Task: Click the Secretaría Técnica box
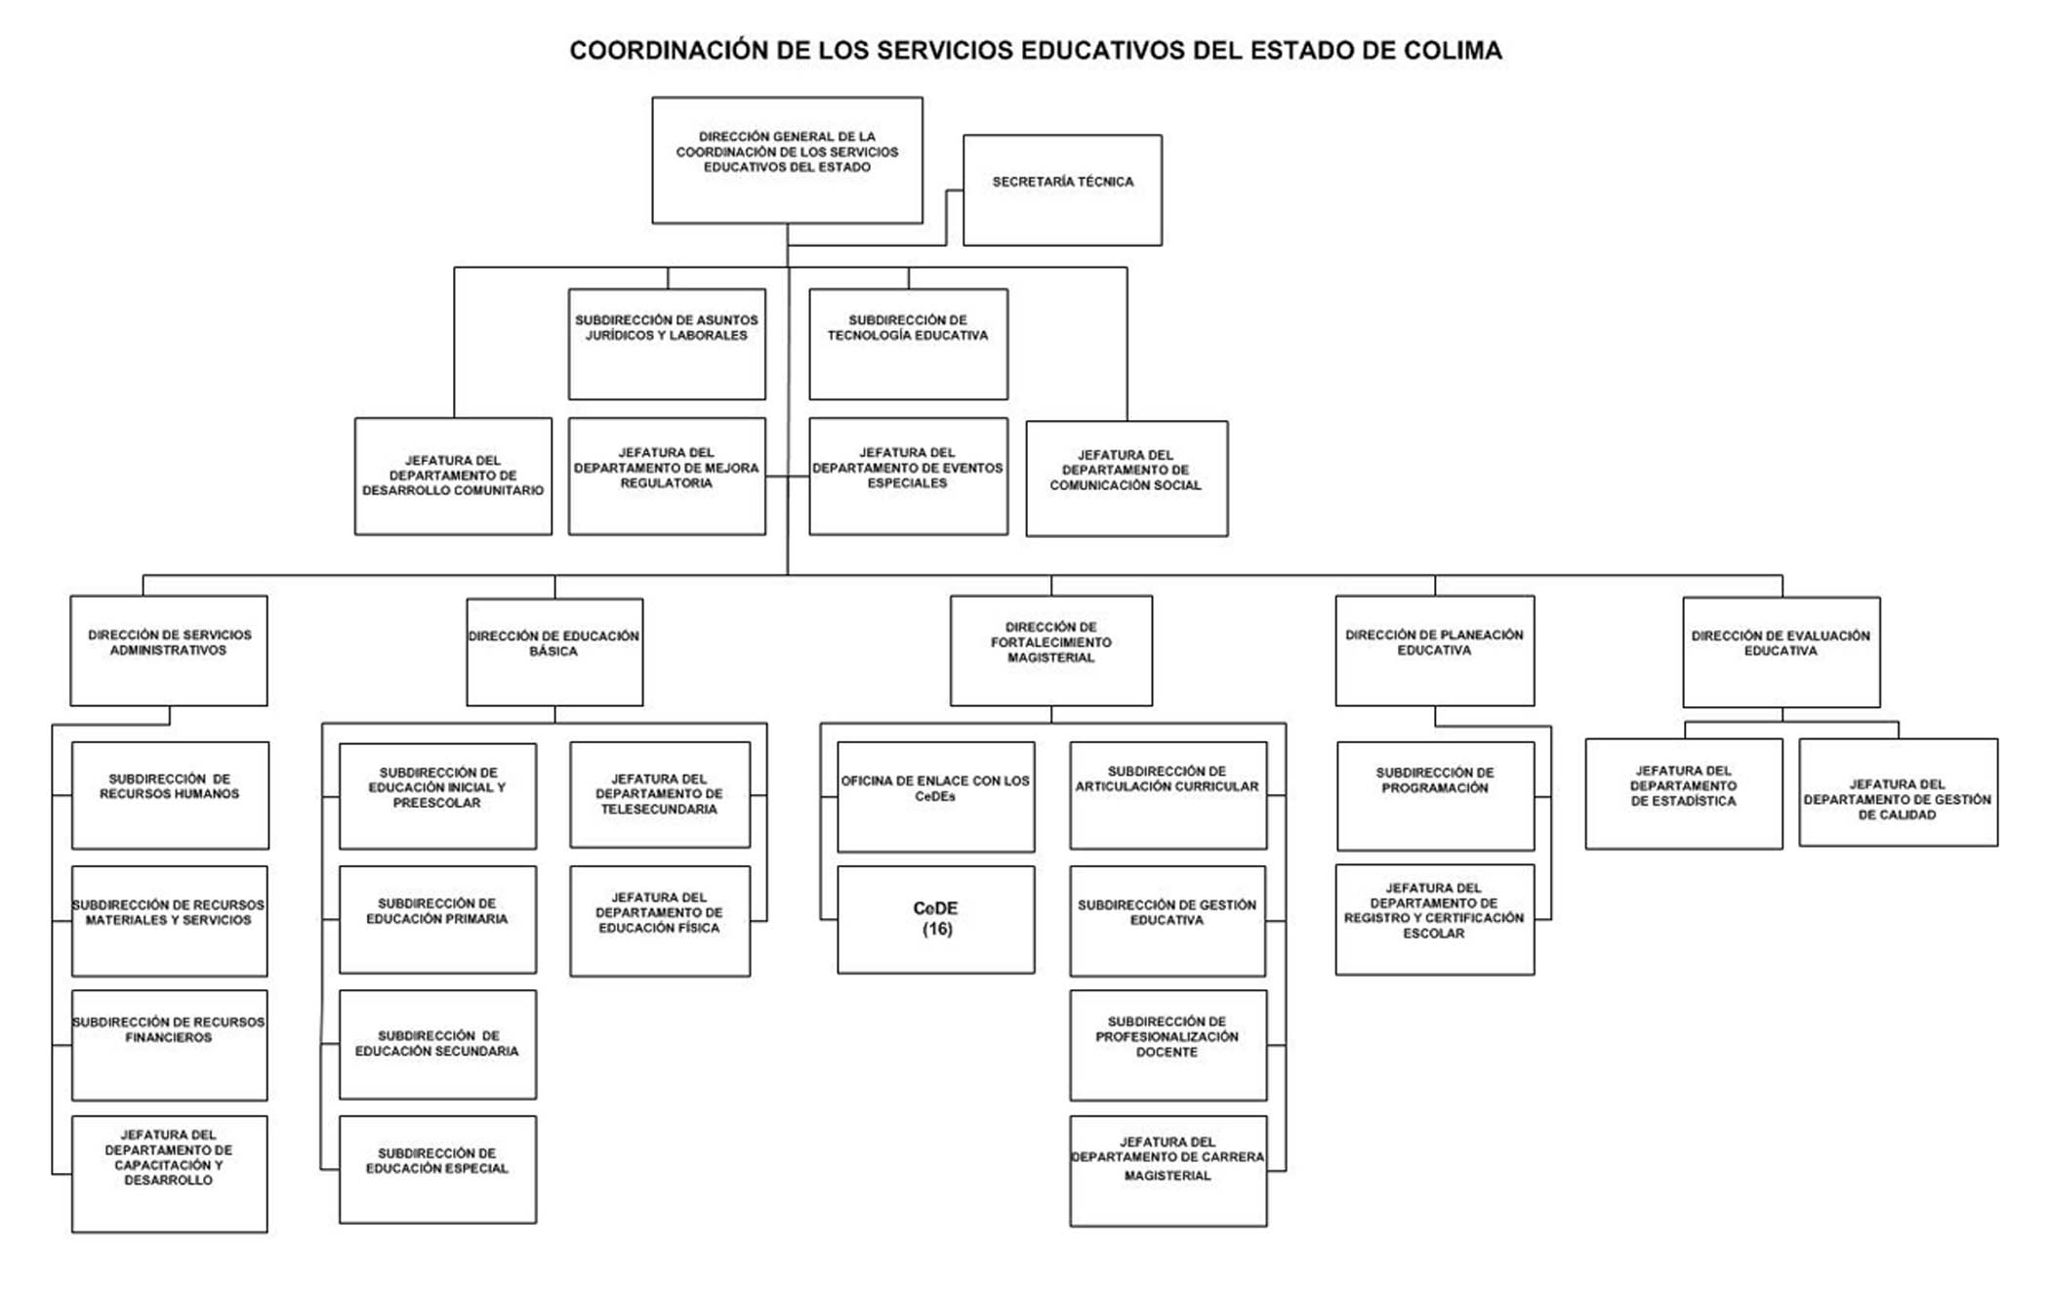click(x=1062, y=190)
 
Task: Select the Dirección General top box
click(x=787, y=160)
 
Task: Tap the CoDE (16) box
click(x=936, y=920)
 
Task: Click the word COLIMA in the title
click(x=1453, y=51)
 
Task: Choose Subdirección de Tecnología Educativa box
click(x=908, y=344)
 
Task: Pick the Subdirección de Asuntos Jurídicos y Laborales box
click(x=667, y=344)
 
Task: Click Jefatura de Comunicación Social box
click(x=1127, y=479)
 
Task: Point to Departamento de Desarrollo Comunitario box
click(x=453, y=477)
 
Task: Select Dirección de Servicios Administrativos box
click(x=169, y=651)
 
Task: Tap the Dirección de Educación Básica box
click(x=554, y=652)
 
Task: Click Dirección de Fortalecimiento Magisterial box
click(x=1051, y=651)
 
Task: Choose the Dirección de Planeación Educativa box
click(x=1435, y=651)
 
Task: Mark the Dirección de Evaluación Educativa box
click(x=1782, y=652)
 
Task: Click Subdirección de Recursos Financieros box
click(x=170, y=1046)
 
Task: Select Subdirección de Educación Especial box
click(x=437, y=1170)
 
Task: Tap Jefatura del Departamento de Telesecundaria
click(x=660, y=795)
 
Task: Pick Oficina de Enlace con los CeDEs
click(x=936, y=797)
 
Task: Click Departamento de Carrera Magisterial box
click(x=1168, y=1171)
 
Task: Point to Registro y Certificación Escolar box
click(x=1435, y=920)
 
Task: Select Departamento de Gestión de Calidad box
click(x=1899, y=793)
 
